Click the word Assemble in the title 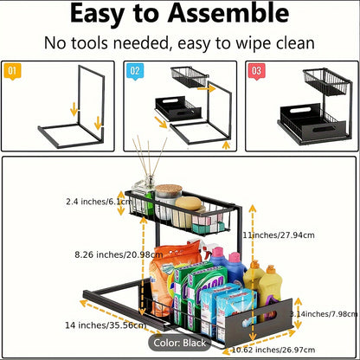click(x=228, y=14)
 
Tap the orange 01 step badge click(x=12, y=71)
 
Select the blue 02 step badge click(x=135, y=71)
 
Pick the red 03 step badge click(x=257, y=71)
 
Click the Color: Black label click(x=180, y=343)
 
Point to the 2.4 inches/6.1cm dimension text click(x=99, y=202)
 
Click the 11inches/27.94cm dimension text click(x=279, y=235)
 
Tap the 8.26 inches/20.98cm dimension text click(x=119, y=254)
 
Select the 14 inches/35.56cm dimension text click(x=106, y=325)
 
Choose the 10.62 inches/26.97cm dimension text click(x=273, y=350)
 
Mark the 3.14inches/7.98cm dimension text click(x=324, y=314)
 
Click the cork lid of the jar click(x=169, y=190)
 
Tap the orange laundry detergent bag click(x=170, y=277)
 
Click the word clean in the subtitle click(x=295, y=43)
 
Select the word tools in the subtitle click(x=90, y=43)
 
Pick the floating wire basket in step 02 click(x=190, y=77)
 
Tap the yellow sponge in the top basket click(x=188, y=203)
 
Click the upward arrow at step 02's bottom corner click(x=227, y=145)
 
